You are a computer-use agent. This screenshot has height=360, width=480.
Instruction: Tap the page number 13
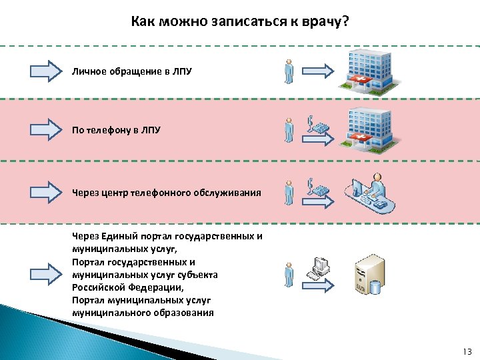pyautogui.click(x=466, y=351)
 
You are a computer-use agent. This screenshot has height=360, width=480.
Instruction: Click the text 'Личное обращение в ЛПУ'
pyautogui.click(x=132, y=71)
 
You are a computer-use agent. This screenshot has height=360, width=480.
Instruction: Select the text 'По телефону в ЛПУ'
pyautogui.click(x=116, y=130)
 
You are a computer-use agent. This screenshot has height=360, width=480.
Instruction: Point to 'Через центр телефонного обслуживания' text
pyautogui.click(x=167, y=193)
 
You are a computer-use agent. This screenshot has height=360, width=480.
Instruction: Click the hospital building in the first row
pyautogui.click(x=366, y=69)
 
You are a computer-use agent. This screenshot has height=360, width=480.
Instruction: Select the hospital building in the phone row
pyautogui.click(x=366, y=128)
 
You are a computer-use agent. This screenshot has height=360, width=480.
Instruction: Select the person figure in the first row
pyautogui.click(x=289, y=71)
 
